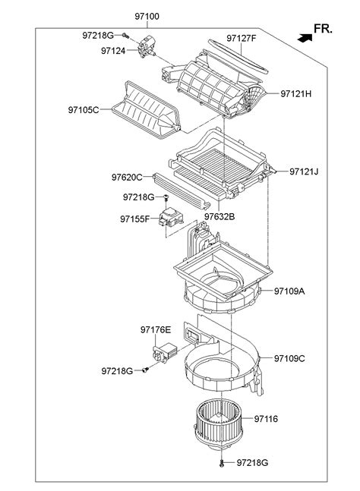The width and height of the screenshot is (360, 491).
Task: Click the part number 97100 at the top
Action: (x=147, y=16)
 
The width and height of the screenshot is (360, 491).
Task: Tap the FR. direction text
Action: (x=323, y=29)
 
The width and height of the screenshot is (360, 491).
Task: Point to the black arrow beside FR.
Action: (x=305, y=38)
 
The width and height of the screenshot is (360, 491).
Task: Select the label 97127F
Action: (x=242, y=38)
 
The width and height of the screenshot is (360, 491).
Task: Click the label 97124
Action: (x=113, y=51)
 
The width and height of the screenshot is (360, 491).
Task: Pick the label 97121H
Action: (x=295, y=93)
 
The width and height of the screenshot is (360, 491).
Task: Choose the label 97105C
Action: (x=84, y=110)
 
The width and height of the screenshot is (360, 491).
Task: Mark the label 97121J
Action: (x=304, y=172)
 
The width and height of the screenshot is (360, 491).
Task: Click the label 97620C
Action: (x=127, y=178)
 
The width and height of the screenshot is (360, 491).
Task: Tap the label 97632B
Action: (x=219, y=216)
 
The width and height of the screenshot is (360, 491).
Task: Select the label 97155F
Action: (x=135, y=219)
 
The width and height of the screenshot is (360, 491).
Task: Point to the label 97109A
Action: (x=289, y=291)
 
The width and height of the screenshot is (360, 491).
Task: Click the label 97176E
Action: (x=156, y=329)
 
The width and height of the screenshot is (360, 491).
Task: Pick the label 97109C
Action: (x=289, y=358)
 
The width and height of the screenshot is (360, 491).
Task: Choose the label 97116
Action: (x=266, y=419)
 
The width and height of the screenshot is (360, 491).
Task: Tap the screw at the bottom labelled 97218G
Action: (x=222, y=463)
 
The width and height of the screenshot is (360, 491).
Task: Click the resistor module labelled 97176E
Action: (x=164, y=353)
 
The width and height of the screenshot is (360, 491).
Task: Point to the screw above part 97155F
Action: (x=166, y=197)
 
